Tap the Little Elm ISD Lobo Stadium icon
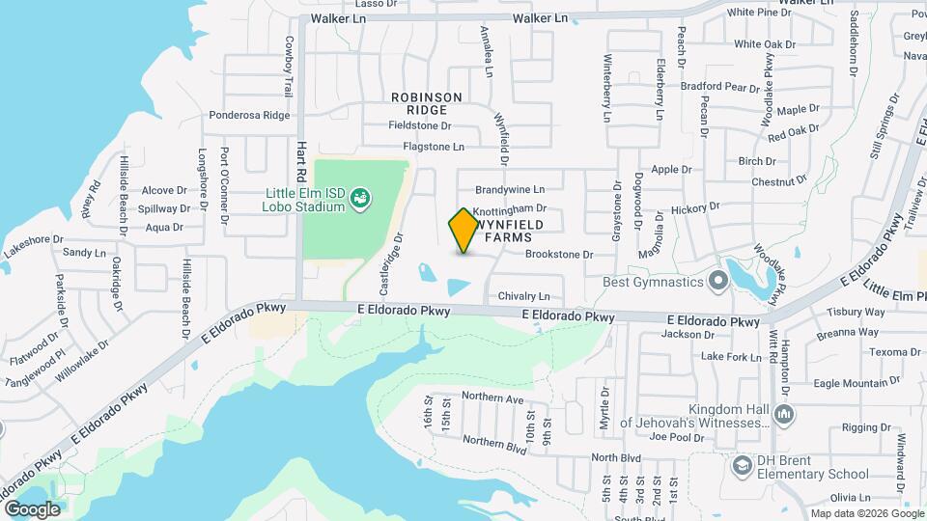pos(360,199)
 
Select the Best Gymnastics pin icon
pos(717,282)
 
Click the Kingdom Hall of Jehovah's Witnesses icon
pos(784,415)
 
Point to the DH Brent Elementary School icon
pos(742,467)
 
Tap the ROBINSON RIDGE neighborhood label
pos(427,104)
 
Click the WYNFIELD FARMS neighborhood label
pos(515,231)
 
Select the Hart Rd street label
pos(301,154)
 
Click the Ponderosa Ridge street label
pos(249,115)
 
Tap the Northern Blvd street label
pos(494,443)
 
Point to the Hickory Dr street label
pos(694,206)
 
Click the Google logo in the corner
pos(32,509)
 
